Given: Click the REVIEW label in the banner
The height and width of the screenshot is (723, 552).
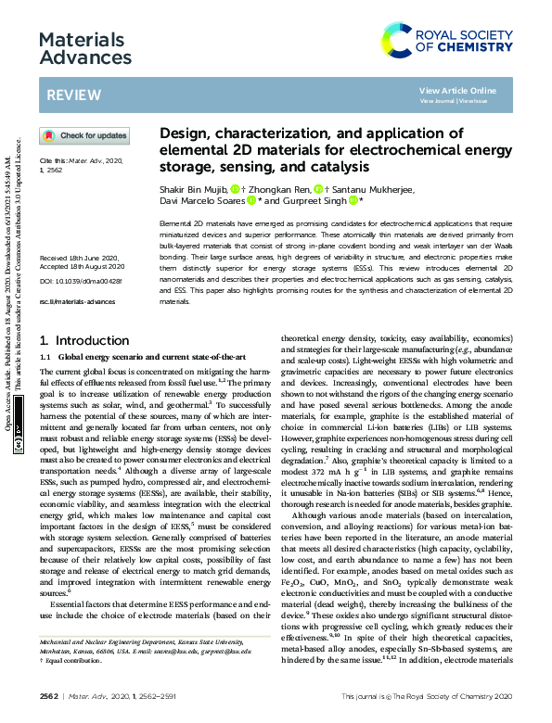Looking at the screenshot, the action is pos(68,95).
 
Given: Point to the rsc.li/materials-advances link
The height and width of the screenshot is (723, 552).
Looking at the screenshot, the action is pos(77,302).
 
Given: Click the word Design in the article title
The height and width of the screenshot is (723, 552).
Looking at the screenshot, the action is pos(187,133).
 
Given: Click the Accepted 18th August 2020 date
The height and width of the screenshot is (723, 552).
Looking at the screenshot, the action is pos(82,267).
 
